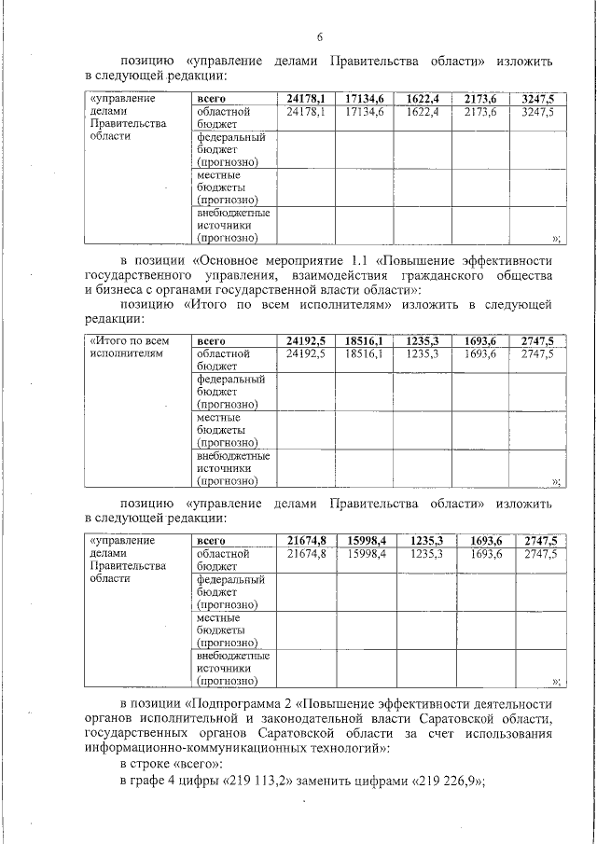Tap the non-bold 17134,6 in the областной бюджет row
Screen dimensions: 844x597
[x=364, y=111]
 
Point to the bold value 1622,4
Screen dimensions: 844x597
[x=423, y=97]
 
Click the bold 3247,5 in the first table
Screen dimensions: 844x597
[x=537, y=97]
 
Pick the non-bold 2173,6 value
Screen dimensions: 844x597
[x=479, y=111]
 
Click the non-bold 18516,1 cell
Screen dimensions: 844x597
[x=364, y=354]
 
